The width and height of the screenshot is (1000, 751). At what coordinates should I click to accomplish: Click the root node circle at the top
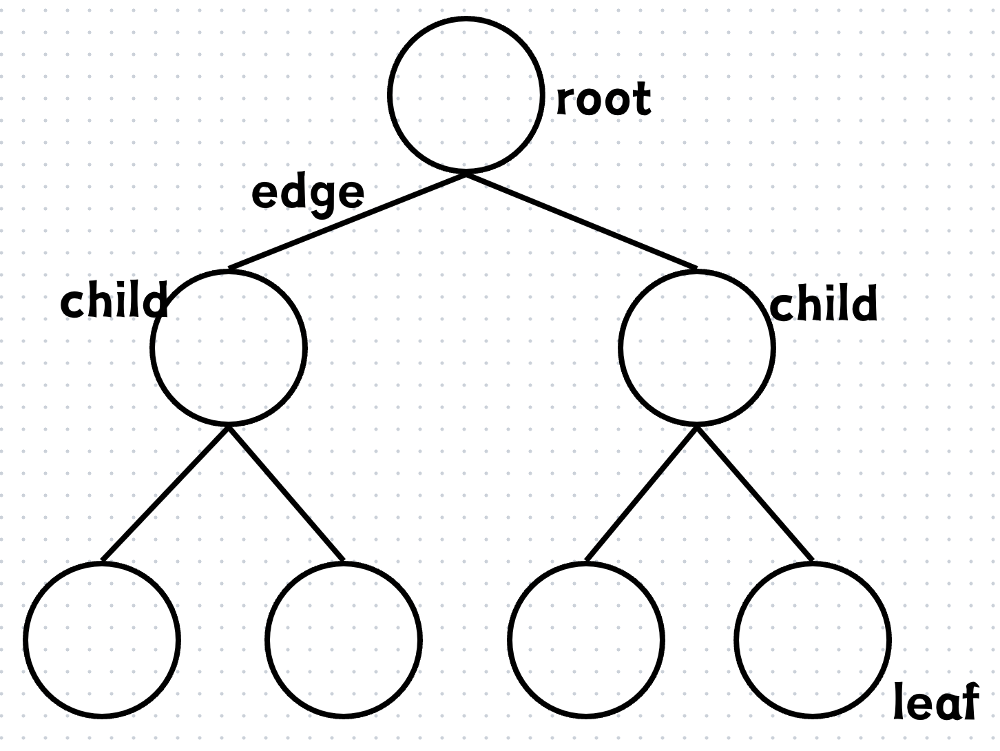[x=466, y=19]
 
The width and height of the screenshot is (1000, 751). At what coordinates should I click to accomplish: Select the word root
[x=603, y=99]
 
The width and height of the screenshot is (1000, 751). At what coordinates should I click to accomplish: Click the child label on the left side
[x=114, y=299]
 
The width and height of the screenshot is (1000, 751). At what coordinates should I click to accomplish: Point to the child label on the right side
[x=824, y=302]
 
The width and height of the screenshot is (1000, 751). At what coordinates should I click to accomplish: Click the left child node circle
[x=229, y=271]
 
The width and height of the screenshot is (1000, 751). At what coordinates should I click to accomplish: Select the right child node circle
[x=696, y=271]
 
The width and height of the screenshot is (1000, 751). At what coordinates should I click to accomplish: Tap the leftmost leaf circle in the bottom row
[x=102, y=564]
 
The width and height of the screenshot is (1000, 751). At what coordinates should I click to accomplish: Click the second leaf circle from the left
[x=344, y=564]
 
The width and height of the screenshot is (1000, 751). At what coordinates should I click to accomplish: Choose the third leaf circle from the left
[x=586, y=564]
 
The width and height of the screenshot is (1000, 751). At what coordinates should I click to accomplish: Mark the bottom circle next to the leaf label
[x=813, y=564]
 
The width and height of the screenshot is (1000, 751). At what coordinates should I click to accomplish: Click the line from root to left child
[x=347, y=221]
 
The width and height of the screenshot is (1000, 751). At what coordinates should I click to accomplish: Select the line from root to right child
[x=582, y=221]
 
